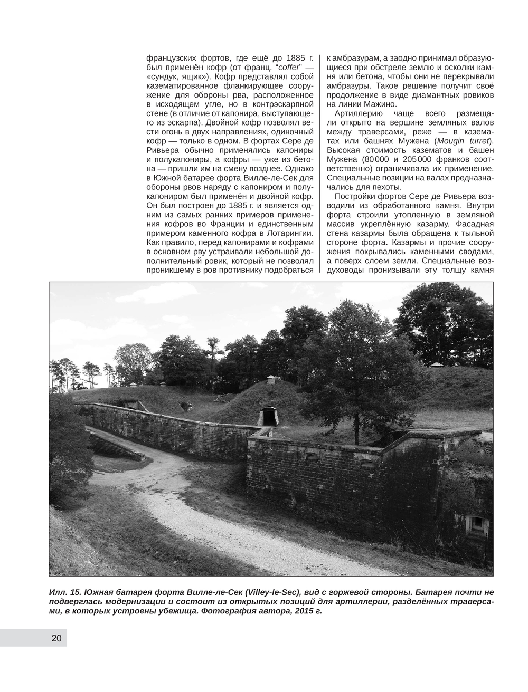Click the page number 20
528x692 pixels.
tap(56, 638)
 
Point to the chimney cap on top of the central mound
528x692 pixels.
tap(271, 378)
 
